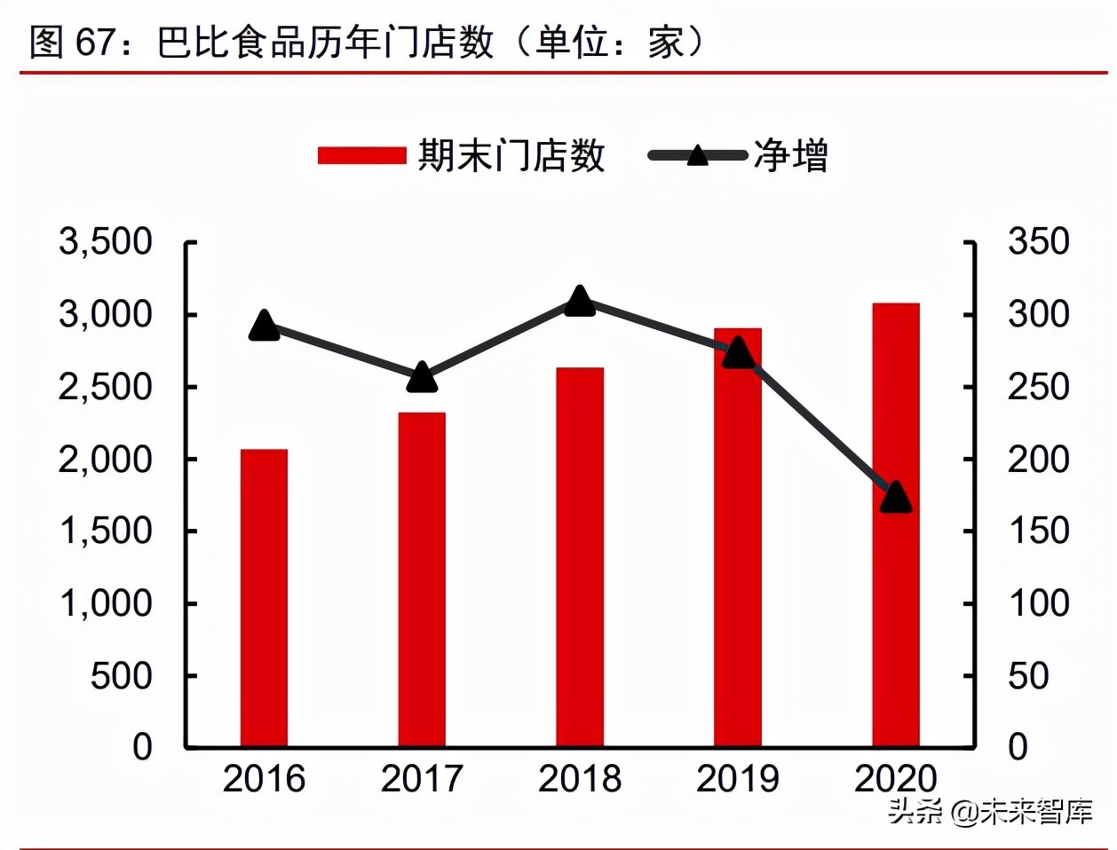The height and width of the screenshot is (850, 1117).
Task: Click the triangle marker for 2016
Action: pyautogui.click(x=264, y=327)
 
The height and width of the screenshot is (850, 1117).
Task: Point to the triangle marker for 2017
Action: pyautogui.click(x=422, y=378)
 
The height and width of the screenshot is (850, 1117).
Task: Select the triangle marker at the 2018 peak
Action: pyautogui.click(x=580, y=302)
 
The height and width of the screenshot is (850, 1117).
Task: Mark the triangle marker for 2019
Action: pyautogui.click(x=738, y=354)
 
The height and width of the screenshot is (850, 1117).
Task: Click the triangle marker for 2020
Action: pyautogui.click(x=896, y=498)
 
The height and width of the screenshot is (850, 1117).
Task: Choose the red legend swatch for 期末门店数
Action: pyautogui.click(x=362, y=156)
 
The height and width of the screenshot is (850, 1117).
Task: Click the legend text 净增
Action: pyautogui.click(x=790, y=156)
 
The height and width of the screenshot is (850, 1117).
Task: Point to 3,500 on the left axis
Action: pyautogui.click(x=106, y=241)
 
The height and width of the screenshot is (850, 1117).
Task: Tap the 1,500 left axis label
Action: pyautogui.click(x=106, y=531)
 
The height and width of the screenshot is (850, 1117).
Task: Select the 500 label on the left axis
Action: pyautogui.click(x=122, y=675)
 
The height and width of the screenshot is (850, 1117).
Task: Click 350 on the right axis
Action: pyautogui.click(x=1038, y=241)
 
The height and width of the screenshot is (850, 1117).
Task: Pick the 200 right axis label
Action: pyautogui.click(x=1038, y=459)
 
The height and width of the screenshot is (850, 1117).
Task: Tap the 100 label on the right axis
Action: pyautogui.click(x=1038, y=603)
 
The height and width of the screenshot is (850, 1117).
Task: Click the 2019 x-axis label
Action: pyautogui.click(x=738, y=779)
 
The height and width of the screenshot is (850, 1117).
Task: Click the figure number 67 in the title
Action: pyautogui.click(x=97, y=42)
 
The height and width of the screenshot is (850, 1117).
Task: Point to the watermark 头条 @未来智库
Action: pyautogui.click(x=990, y=811)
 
